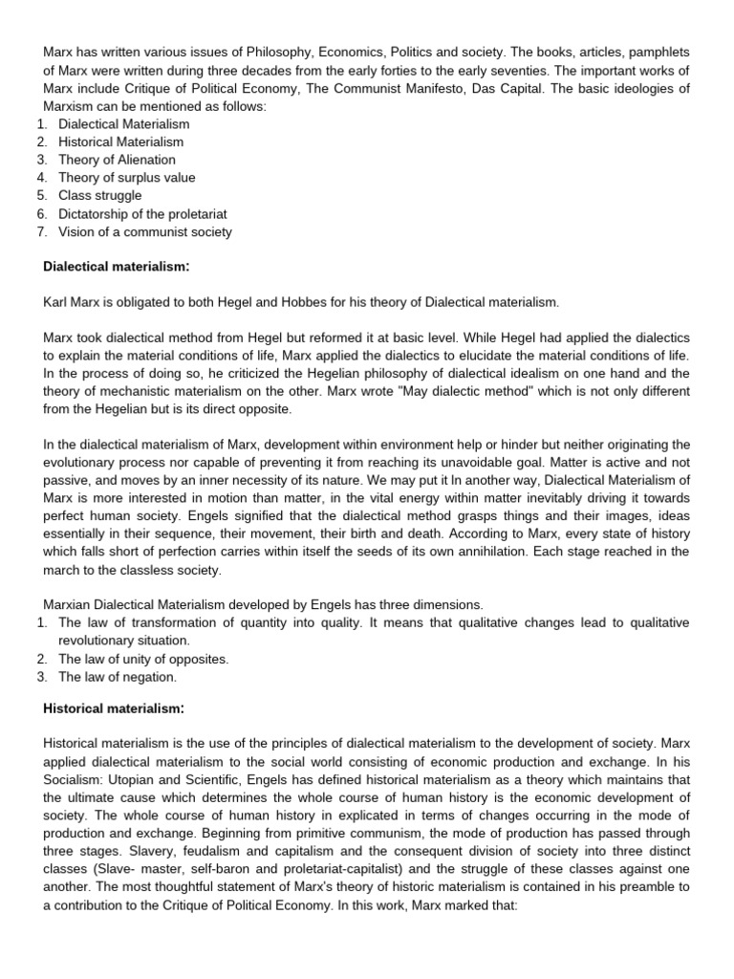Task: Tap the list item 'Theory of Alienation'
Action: tap(117, 160)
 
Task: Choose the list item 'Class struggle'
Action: tap(99, 195)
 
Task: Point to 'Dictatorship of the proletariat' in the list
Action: tap(142, 213)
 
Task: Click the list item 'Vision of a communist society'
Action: tap(144, 231)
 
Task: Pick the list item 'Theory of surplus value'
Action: tap(126, 178)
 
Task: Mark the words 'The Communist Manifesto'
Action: tap(397, 88)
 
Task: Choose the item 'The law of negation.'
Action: tap(118, 677)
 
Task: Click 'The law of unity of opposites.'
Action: tap(143, 659)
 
